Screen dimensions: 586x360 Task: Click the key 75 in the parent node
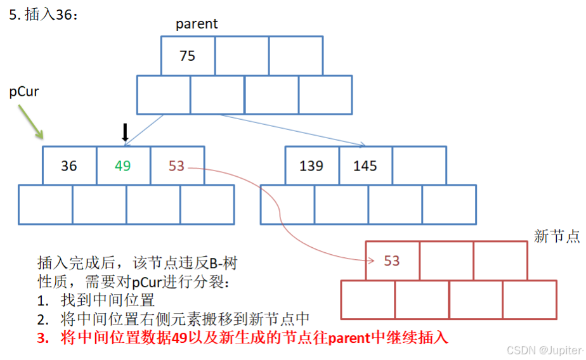(x=187, y=56)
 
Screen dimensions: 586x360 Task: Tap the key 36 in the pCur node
(x=69, y=166)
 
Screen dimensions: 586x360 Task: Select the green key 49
(x=123, y=166)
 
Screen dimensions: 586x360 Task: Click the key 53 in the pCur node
(x=176, y=166)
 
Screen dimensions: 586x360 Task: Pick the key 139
(x=311, y=166)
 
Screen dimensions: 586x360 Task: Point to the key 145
(x=365, y=166)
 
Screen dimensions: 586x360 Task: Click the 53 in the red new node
(x=392, y=260)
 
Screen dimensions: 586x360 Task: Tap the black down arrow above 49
(x=125, y=132)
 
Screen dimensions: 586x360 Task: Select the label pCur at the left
(x=24, y=92)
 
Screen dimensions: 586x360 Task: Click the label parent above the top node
(x=197, y=24)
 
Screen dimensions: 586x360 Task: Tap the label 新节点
(x=557, y=236)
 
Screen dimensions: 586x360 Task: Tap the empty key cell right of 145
(x=419, y=166)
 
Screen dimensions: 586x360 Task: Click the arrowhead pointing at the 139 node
(x=362, y=145)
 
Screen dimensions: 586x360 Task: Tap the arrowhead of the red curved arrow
(x=368, y=259)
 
